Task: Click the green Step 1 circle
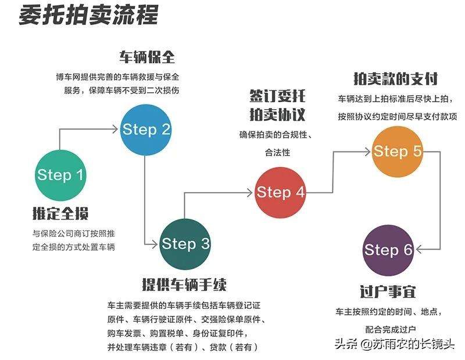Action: (x=61, y=175)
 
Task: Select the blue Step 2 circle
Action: (x=146, y=129)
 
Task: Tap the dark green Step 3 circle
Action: (x=185, y=244)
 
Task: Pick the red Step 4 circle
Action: (x=280, y=192)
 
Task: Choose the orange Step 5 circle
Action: (x=397, y=152)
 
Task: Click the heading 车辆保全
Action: (x=147, y=57)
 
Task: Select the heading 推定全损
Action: (x=61, y=214)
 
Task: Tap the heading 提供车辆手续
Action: (x=184, y=285)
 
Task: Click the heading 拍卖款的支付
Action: (x=395, y=78)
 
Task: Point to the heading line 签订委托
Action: (x=277, y=96)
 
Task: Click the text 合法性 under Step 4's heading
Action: (x=277, y=153)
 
